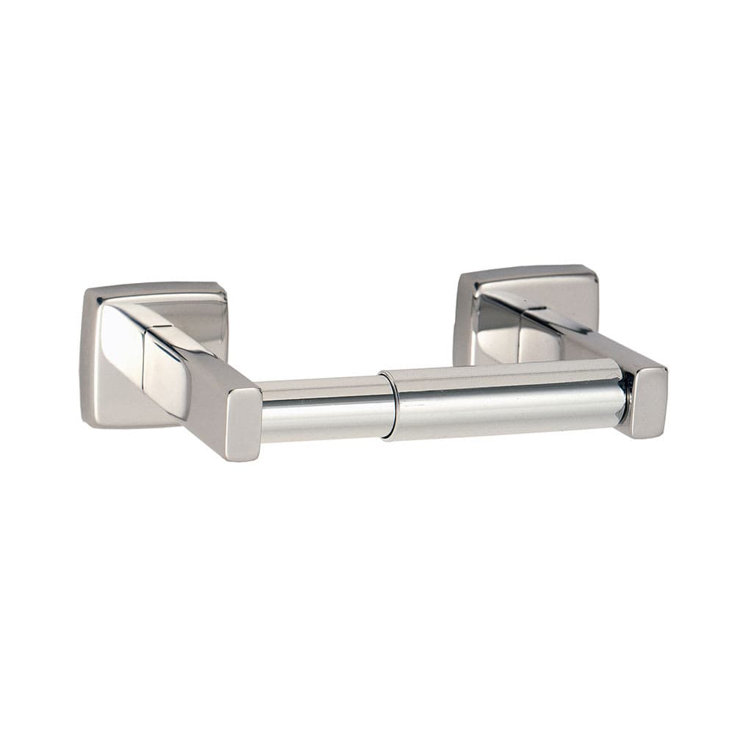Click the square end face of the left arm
click(x=243, y=424)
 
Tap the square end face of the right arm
click(x=649, y=401)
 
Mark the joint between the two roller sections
click(x=388, y=406)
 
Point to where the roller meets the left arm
click(x=262, y=412)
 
